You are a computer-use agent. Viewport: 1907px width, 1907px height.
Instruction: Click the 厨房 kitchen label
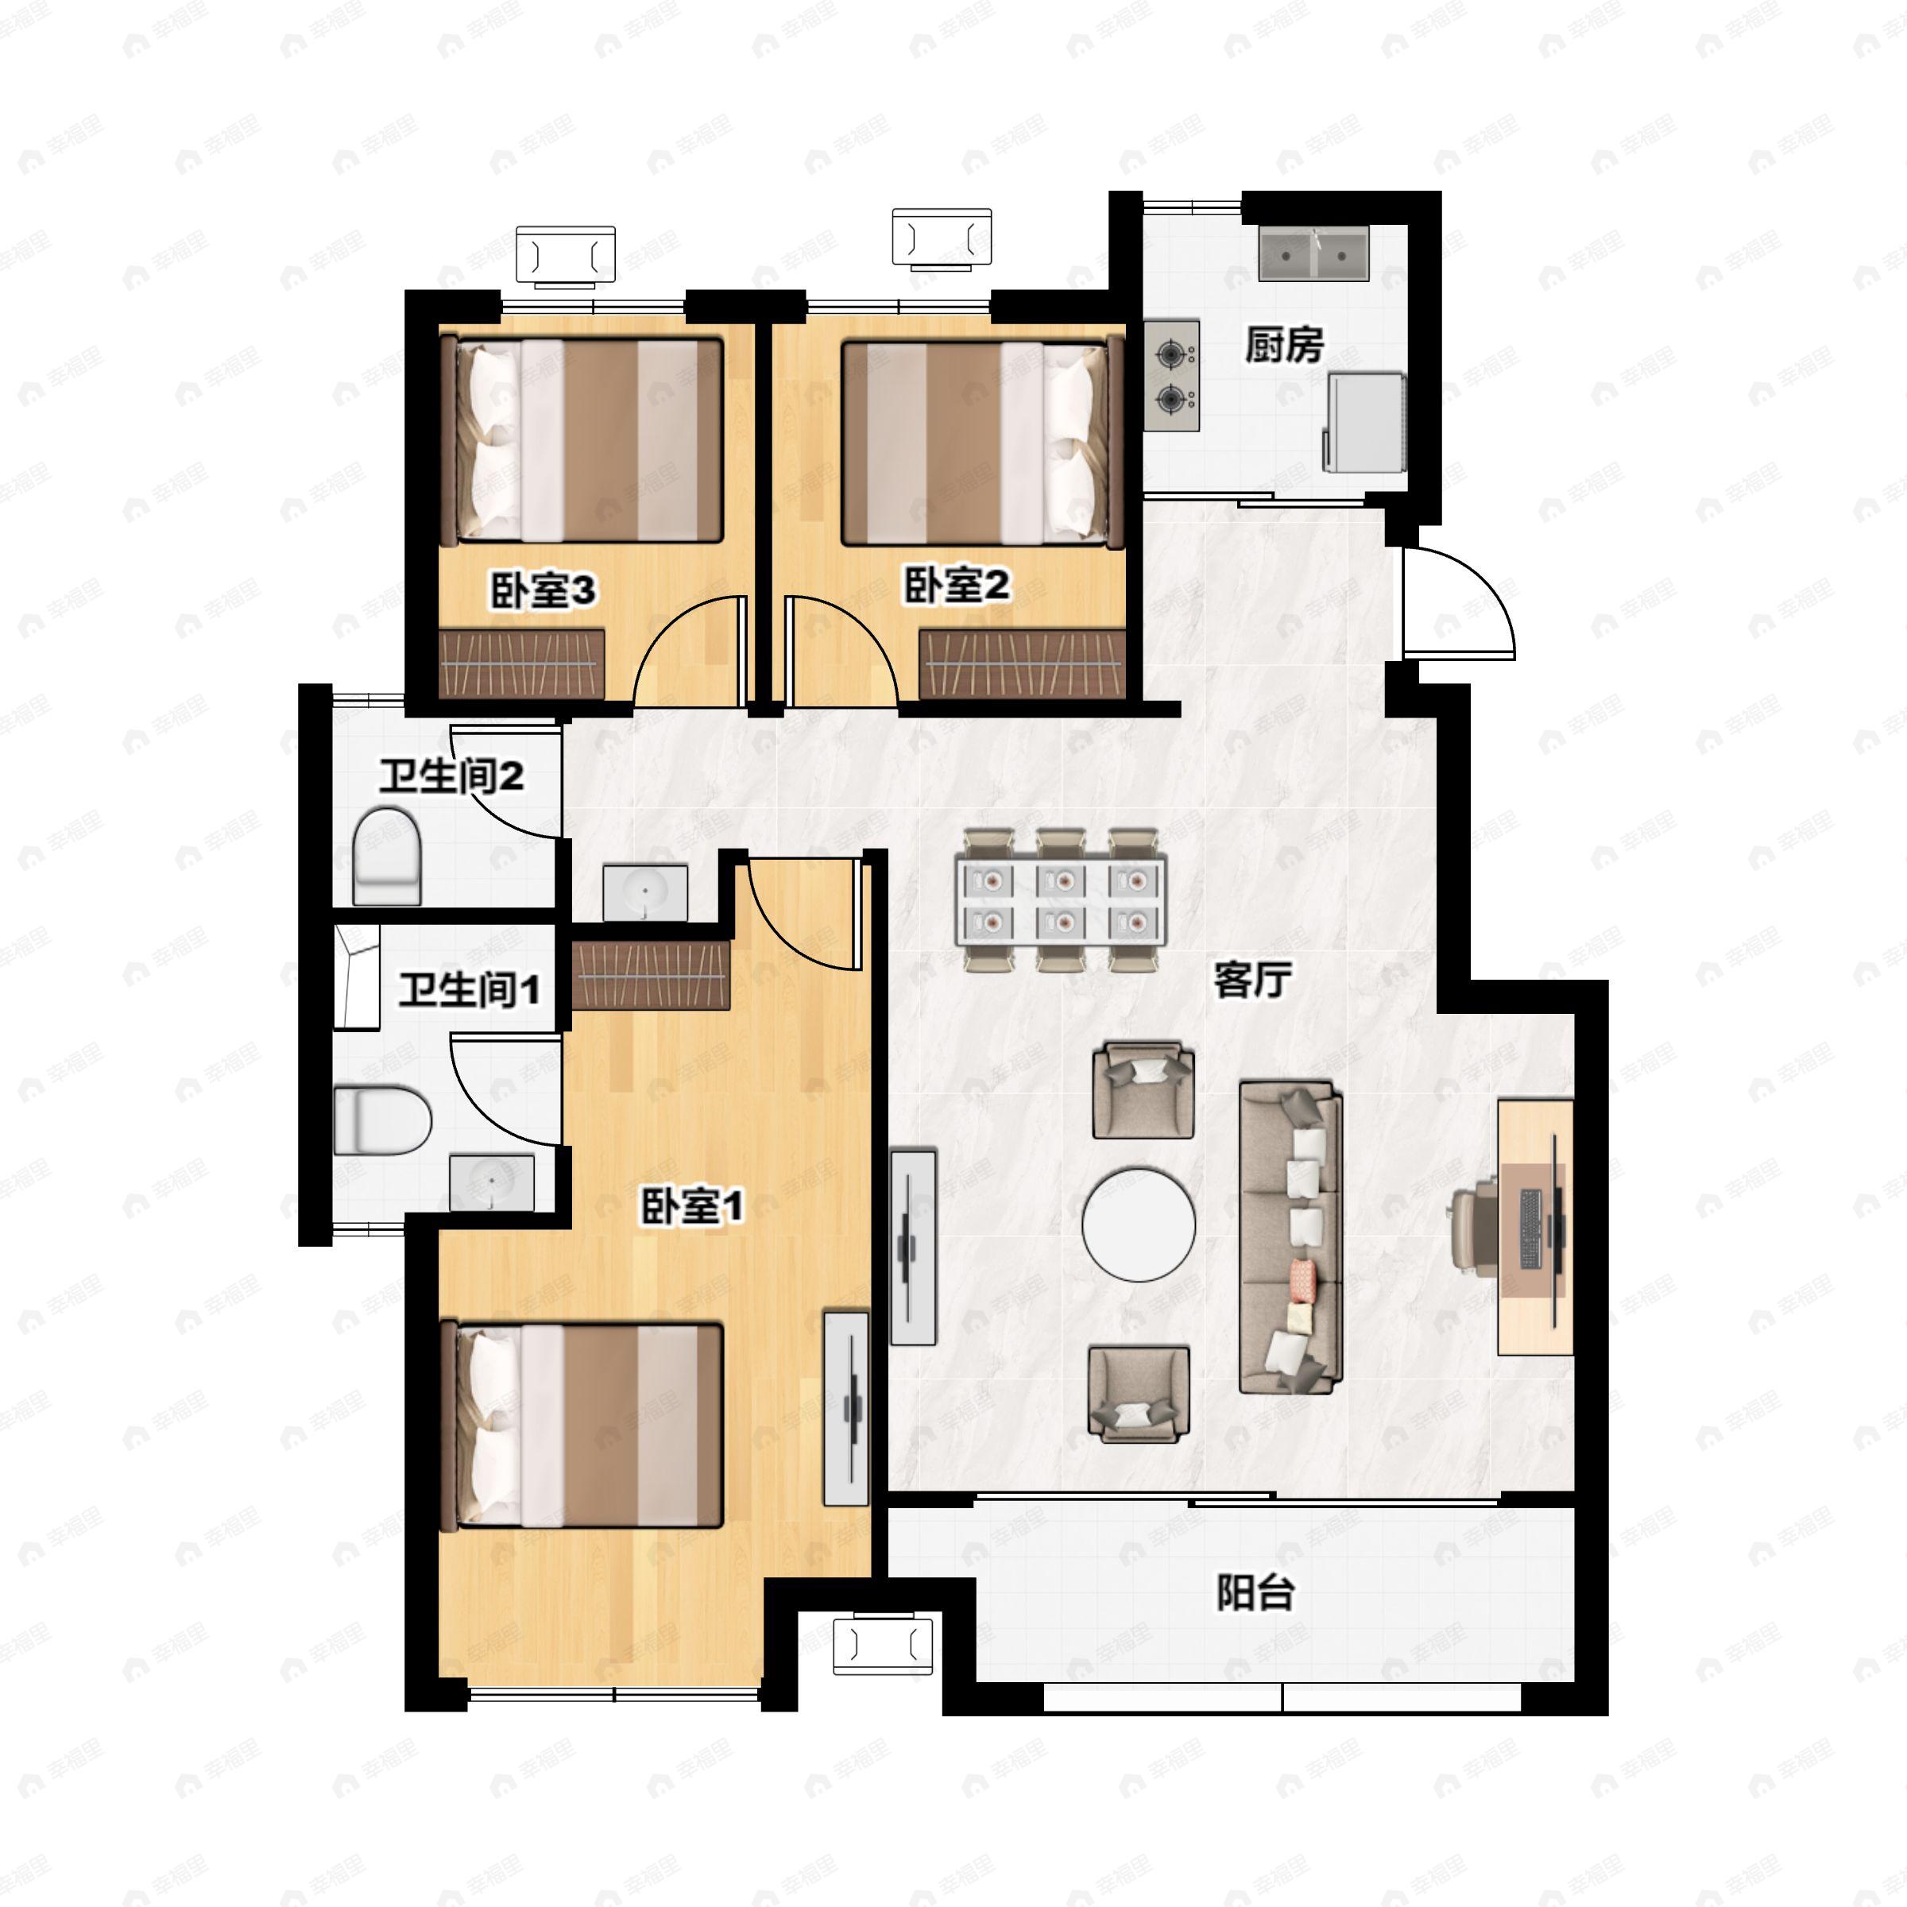(1283, 346)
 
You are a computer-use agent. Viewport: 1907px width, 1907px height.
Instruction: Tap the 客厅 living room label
(1252, 981)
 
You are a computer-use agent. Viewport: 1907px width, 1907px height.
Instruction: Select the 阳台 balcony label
(1255, 1591)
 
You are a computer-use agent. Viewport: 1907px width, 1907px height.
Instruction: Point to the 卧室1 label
(692, 1206)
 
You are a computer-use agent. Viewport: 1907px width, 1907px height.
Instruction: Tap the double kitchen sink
(1313, 253)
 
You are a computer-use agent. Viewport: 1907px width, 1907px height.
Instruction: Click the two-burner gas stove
(1173, 375)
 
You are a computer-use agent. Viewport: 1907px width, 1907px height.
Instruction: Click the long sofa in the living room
(1291, 1237)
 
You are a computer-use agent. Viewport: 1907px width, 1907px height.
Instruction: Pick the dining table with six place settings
(1060, 899)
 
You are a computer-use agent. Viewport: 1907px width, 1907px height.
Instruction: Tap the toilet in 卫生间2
(387, 856)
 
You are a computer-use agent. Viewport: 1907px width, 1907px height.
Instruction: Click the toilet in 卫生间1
(383, 1120)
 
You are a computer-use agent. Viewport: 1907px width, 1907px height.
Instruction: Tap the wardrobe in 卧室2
(1023, 664)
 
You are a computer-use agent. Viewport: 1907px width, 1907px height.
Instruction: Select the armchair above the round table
(1143, 1089)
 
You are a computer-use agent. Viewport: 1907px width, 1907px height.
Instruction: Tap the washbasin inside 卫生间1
(492, 1182)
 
